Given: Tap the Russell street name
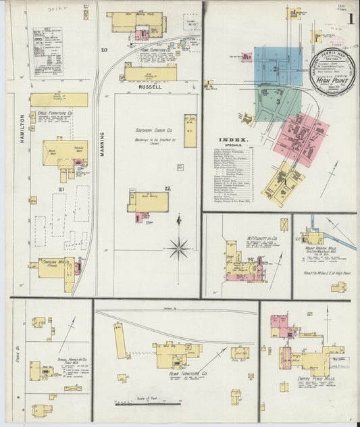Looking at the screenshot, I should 150,87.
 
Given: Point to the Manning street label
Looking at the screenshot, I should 103,143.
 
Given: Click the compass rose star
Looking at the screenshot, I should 179,247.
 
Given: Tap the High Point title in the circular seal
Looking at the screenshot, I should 328,78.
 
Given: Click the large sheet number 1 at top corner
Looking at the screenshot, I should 350,18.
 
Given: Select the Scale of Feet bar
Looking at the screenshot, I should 149,403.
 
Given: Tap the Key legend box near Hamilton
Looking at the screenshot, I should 47,51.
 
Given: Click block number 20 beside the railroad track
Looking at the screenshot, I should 104,51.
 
